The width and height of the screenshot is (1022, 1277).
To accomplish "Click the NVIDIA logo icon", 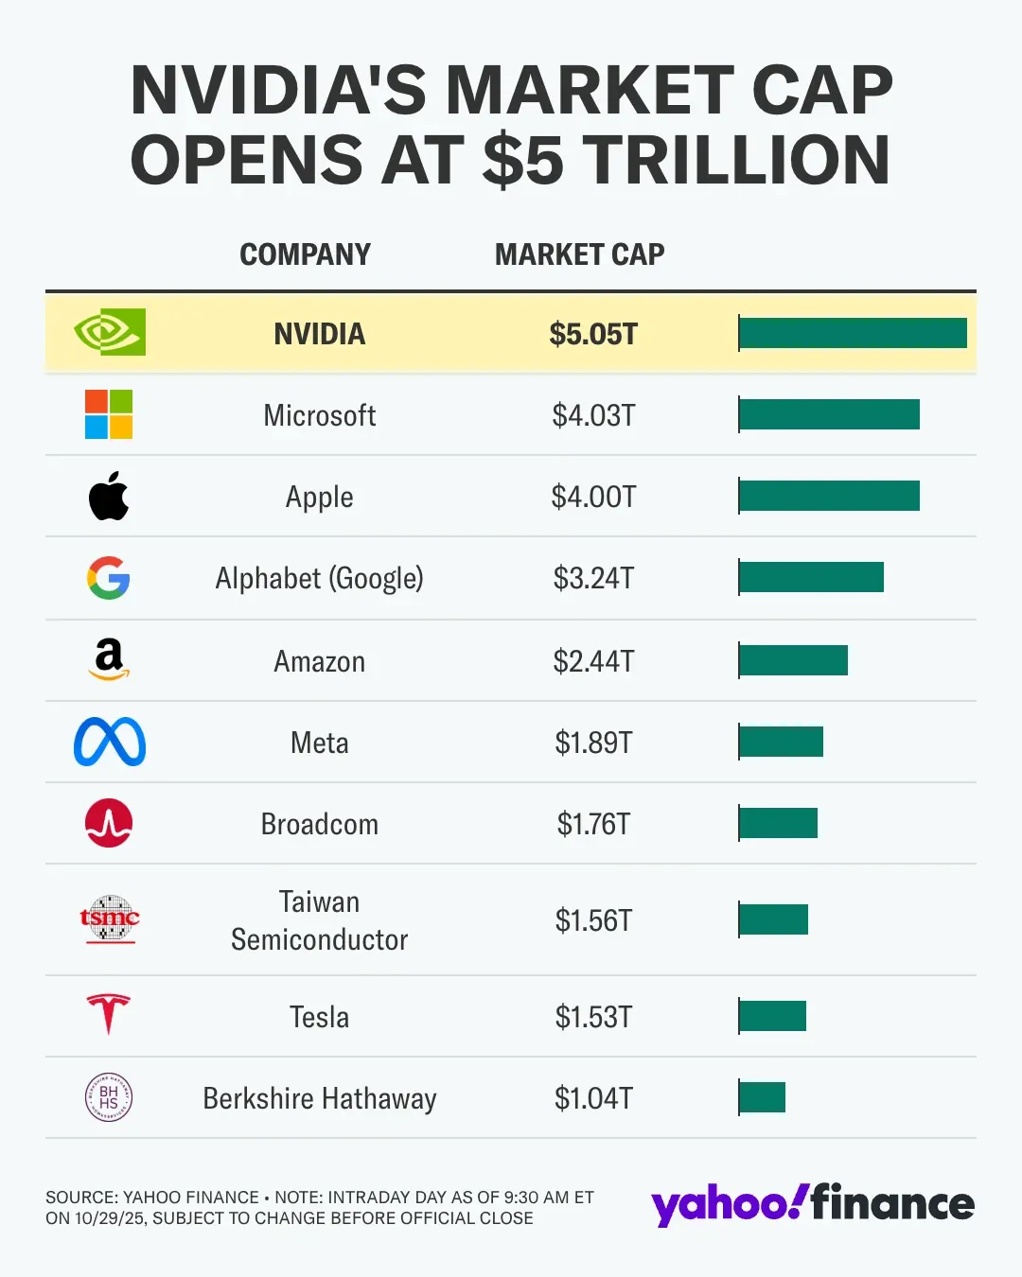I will coord(110,332).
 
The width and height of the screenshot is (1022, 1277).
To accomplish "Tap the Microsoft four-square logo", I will coord(109,414).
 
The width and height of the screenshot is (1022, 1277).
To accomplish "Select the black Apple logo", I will coord(109,496).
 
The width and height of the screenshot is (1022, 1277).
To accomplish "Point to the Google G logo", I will coord(109,577).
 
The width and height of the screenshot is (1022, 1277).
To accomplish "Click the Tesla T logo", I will coord(109,1014).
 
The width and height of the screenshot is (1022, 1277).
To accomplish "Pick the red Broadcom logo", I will coord(109,823).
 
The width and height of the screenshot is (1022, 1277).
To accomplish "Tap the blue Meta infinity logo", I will coord(110,742).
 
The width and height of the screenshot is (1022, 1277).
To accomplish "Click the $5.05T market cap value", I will coord(593,334).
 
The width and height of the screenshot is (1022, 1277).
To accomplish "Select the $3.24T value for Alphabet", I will coord(593,578).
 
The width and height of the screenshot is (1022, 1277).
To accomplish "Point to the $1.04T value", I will coord(593,1098).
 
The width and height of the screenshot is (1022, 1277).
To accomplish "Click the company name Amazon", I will coord(320,661).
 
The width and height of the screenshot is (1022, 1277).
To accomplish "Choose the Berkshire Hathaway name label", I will coord(320,1098).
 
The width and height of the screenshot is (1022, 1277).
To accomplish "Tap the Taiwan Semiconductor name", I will coord(320,920).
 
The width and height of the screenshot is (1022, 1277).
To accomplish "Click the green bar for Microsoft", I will coord(829,414).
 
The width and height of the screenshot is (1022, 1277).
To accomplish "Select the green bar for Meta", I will coord(781,742).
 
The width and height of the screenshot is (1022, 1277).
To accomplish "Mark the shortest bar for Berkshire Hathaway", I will coord(762,1097).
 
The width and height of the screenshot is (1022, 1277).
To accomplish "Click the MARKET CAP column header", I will coord(579,254).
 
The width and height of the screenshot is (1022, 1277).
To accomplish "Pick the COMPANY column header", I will coord(305,254).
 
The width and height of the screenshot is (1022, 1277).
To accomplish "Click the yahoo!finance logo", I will coord(812,1204).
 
